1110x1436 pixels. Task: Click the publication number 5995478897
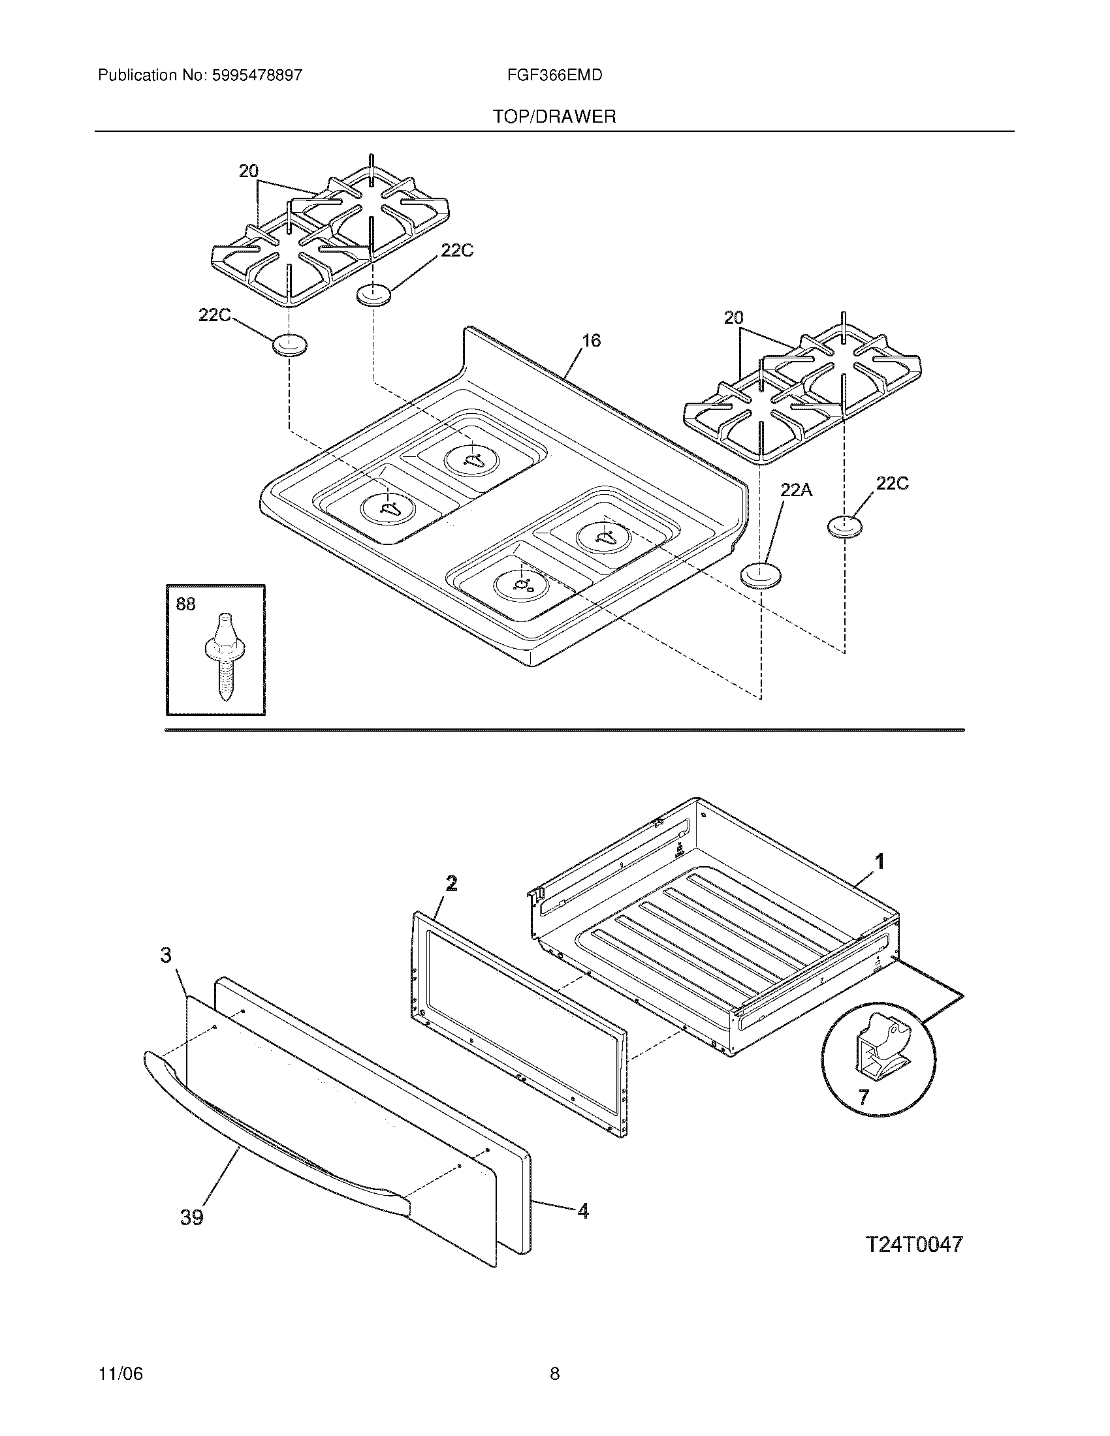[x=257, y=75]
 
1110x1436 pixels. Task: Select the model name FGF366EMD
[x=554, y=75]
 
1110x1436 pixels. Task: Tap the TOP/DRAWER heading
[x=554, y=117]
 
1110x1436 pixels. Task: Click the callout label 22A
[x=797, y=489]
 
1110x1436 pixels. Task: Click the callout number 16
[x=591, y=341]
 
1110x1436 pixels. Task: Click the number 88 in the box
[x=186, y=604]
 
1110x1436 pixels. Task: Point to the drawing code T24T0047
[x=914, y=1245]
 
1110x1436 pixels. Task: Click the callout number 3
[x=166, y=955]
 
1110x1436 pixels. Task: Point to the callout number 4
[x=582, y=1210]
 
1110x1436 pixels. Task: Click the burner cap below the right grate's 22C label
[x=844, y=526]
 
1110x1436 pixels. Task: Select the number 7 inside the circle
[x=863, y=1096]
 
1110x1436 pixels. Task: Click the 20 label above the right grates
[x=733, y=318]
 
